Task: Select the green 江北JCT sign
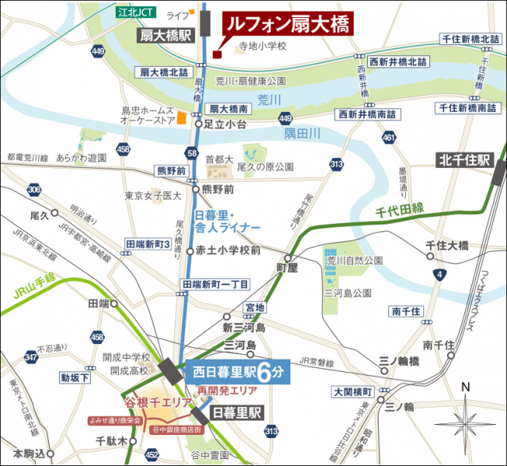point(134,12)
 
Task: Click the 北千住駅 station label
point(463,161)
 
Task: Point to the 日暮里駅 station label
point(238,411)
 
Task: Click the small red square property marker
point(217,54)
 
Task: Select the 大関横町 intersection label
point(352,391)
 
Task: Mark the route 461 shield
point(388,138)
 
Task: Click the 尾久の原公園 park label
point(266,167)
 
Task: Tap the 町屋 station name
point(287,268)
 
